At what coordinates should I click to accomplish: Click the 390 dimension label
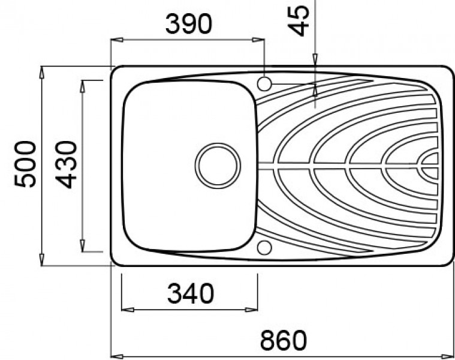pos(189,24)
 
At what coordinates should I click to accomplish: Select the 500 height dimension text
pos(25,164)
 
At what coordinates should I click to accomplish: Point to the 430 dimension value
pos(66,164)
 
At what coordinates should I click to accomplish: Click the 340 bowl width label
pos(191,293)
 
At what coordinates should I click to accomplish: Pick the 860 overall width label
pos(283,340)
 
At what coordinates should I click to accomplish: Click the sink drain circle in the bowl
pos(218,166)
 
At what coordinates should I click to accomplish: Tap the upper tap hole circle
pos(264,84)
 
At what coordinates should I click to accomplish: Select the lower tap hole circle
pos(264,248)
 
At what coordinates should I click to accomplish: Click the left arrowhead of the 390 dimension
pos(117,40)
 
